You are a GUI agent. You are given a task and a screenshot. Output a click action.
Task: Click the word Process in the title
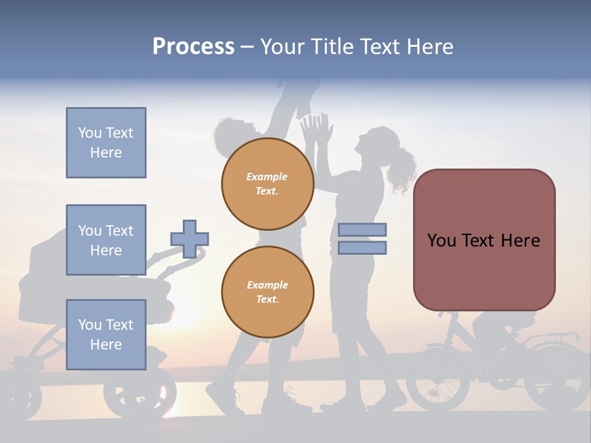click(x=193, y=47)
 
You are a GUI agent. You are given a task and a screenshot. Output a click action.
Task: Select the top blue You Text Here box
click(x=106, y=143)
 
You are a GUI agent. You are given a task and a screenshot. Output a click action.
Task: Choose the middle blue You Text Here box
click(x=106, y=240)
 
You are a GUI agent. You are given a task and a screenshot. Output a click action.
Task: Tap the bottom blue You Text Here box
click(x=106, y=334)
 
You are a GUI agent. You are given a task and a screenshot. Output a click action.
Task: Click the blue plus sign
click(x=190, y=239)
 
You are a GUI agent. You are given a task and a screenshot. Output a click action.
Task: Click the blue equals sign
click(x=362, y=239)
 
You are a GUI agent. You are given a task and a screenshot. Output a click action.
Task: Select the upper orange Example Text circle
click(x=267, y=183)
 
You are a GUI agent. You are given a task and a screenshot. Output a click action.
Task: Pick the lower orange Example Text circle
click(x=267, y=292)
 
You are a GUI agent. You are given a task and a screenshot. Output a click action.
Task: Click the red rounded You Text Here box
click(x=484, y=240)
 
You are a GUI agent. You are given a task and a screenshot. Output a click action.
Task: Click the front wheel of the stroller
click(x=140, y=394)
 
